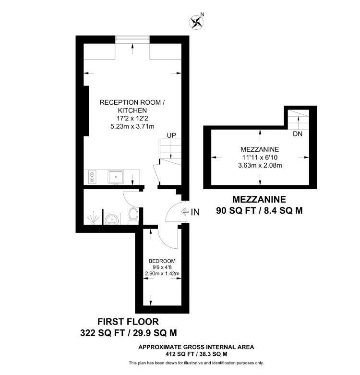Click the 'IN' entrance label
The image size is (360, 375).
(195, 212)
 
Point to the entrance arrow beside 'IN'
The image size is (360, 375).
(186, 212)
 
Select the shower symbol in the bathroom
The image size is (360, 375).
(93, 219)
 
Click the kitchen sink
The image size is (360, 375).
(116, 177)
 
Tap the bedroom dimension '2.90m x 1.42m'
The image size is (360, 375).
(162, 274)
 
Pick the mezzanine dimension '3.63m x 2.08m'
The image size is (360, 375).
(260, 166)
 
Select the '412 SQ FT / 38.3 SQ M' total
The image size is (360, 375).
(196, 354)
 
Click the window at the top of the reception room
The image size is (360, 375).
(132, 39)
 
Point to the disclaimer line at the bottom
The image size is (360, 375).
(196, 363)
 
